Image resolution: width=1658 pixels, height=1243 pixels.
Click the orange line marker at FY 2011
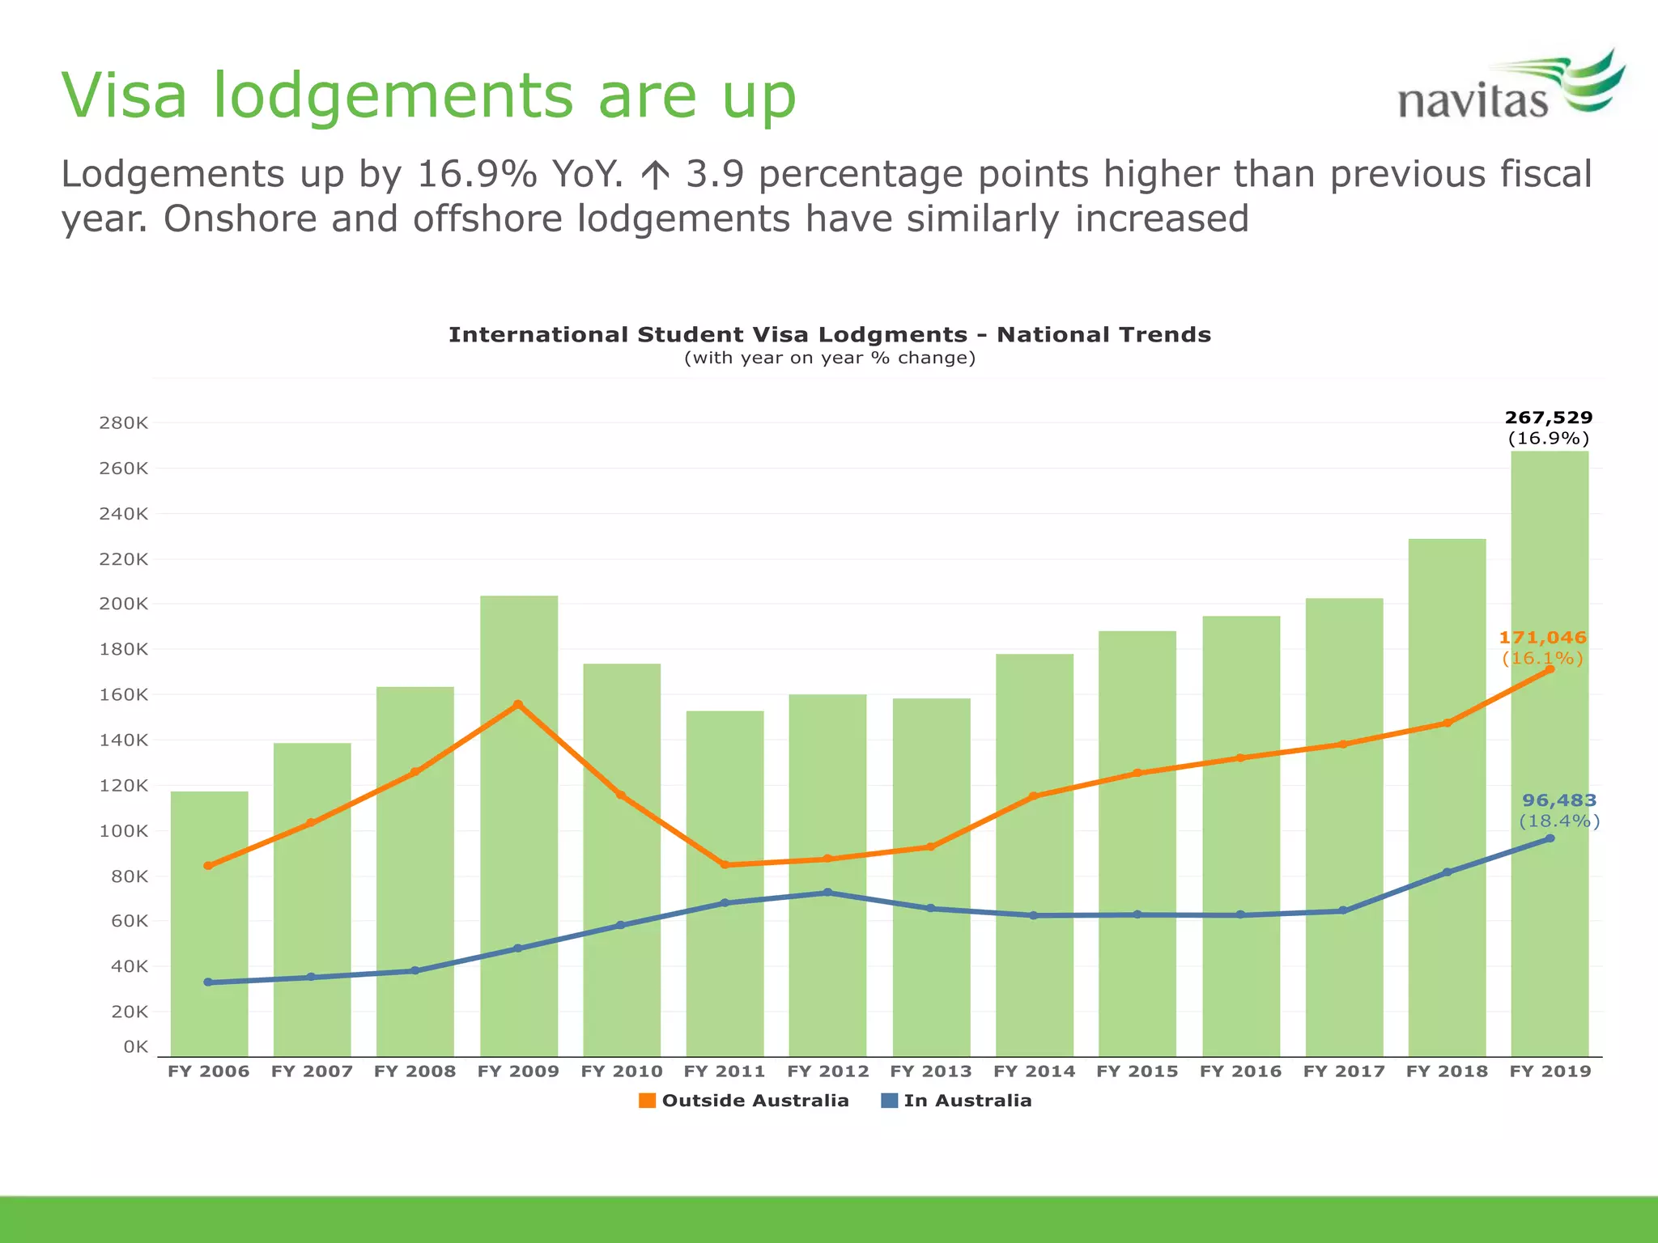tap(725, 864)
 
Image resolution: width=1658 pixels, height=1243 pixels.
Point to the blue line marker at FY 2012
tap(827, 892)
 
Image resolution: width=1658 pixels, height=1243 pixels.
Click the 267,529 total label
tap(1548, 418)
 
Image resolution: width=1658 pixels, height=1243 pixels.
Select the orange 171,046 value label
tap(1542, 638)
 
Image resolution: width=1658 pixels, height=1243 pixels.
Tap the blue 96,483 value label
tap(1559, 800)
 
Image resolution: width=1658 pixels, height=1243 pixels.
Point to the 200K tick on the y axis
tap(124, 604)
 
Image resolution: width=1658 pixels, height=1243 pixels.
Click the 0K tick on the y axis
tap(135, 1046)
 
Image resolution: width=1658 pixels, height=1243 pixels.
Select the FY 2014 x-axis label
tap(1034, 1071)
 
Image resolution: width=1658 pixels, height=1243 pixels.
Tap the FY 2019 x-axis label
tap(1550, 1071)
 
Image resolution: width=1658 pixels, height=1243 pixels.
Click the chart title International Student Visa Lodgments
tap(829, 334)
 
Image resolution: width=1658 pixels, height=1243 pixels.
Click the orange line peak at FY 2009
tap(518, 704)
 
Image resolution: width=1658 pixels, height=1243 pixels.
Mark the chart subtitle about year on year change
tap(829, 358)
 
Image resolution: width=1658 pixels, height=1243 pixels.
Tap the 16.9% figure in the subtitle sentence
tap(476, 174)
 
